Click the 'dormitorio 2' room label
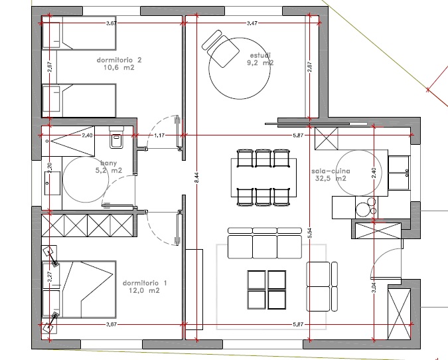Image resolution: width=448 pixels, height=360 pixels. pyautogui.click(x=119, y=59)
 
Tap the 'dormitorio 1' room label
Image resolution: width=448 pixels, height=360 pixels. pyautogui.click(x=145, y=282)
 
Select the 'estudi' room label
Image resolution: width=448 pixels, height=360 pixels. pyautogui.click(x=260, y=54)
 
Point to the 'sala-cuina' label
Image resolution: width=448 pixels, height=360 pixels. pyautogui.click(x=329, y=170)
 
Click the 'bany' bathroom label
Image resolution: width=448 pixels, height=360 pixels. pyautogui.click(x=109, y=163)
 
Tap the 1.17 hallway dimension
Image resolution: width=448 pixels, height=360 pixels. pyautogui.click(x=159, y=135)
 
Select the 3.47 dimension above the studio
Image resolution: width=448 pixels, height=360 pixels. pyautogui.click(x=252, y=23)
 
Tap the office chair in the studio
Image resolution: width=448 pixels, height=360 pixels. pyautogui.click(x=221, y=45)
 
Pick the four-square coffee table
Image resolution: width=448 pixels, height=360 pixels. pyautogui.click(x=265, y=290)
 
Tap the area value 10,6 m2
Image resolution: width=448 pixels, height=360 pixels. pyautogui.click(x=119, y=67)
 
